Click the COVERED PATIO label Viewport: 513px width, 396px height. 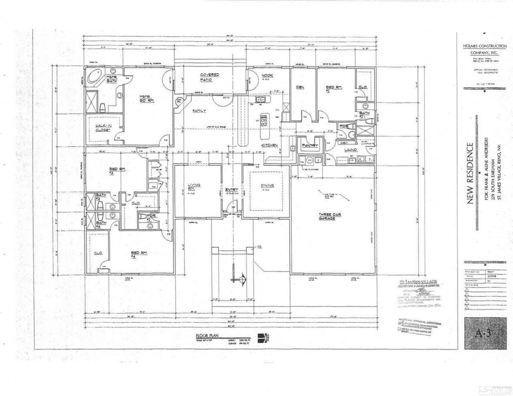(x=206, y=77)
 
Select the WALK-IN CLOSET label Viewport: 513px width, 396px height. (x=103, y=129)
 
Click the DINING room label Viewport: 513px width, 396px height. (x=267, y=185)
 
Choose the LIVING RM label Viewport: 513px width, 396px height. (x=194, y=186)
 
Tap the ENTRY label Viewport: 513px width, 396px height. (x=232, y=190)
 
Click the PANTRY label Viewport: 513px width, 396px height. (x=310, y=145)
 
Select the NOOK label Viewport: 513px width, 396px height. (x=267, y=75)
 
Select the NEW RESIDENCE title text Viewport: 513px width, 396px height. (x=471, y=173)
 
